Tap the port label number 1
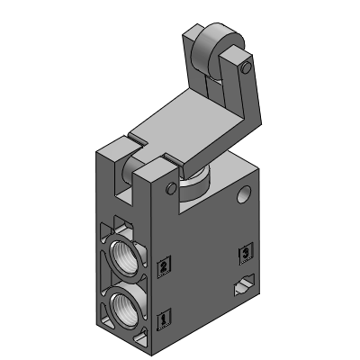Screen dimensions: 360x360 (163, 318)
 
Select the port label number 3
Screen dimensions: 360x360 (241, 253)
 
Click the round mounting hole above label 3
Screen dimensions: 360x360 (239, 195)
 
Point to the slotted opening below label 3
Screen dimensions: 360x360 (241, 288)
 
